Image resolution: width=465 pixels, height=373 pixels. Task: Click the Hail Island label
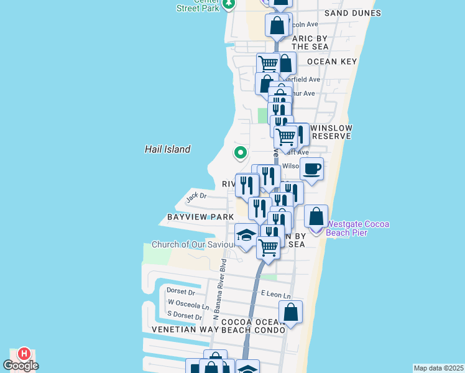coord(167,149)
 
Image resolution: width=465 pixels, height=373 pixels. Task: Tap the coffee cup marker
coord(311,168)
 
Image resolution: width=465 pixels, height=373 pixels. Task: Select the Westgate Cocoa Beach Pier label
coord(356,228)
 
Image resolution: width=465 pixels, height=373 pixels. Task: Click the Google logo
coord(21,365)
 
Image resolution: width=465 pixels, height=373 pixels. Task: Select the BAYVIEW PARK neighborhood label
coord(200,217)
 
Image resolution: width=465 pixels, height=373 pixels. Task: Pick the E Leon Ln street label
coord(275,295)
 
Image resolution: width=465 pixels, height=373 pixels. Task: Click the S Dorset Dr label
coord(185,316)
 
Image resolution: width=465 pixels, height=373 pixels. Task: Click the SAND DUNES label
coord(352,13)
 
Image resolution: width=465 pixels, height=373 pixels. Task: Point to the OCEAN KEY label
coord(332,62)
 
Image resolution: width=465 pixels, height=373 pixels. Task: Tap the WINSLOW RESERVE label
coord(332,132)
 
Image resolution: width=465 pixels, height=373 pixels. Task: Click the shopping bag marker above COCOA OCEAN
coord(290,312)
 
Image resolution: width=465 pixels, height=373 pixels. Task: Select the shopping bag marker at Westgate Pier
coord(316,217)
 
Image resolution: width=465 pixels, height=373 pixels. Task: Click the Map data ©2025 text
coord(439,368)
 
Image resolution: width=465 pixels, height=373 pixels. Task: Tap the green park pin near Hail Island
coord(240,152)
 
